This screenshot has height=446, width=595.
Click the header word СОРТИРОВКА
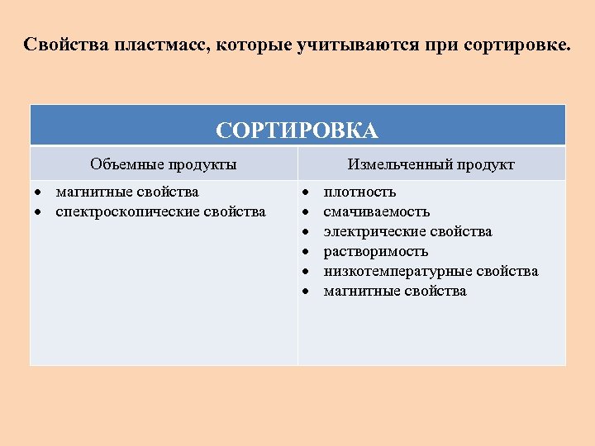(x=297, y=130)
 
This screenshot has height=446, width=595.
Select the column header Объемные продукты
(x=164, y=164)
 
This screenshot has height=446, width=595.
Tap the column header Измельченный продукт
(x=431, y=164)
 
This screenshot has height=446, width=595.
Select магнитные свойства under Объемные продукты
(x=127, y=192)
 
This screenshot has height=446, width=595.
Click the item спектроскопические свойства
(x=160, y=212)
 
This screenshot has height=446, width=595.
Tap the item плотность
(x=359, y=192)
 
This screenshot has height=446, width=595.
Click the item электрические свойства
(x=407, y=232)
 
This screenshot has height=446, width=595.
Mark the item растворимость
(x=376, y=252)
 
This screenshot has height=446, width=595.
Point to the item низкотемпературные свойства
(x=431, y=272)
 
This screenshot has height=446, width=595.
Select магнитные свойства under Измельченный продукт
(x=395, y=292)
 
